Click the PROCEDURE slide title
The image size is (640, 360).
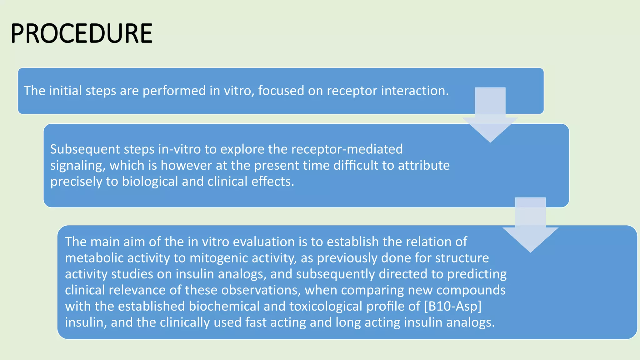pos(81,34)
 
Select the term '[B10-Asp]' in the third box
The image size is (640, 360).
pos(453,306)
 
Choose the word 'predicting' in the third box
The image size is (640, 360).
pos(477,274)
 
